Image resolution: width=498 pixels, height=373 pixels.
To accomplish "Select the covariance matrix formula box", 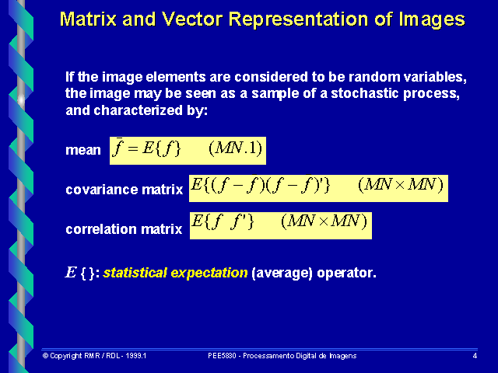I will point(318,186).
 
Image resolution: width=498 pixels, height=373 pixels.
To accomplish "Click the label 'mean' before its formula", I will point(83,151).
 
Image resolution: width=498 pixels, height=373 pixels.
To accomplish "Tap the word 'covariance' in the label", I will point(96,189).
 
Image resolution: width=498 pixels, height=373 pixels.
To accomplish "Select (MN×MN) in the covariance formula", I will point(400,186).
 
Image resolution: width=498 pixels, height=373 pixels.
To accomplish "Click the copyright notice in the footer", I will point(95,355).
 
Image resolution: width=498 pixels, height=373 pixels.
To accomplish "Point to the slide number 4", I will point(475,355).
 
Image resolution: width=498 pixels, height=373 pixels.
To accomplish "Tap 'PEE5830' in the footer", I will point(223,355).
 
